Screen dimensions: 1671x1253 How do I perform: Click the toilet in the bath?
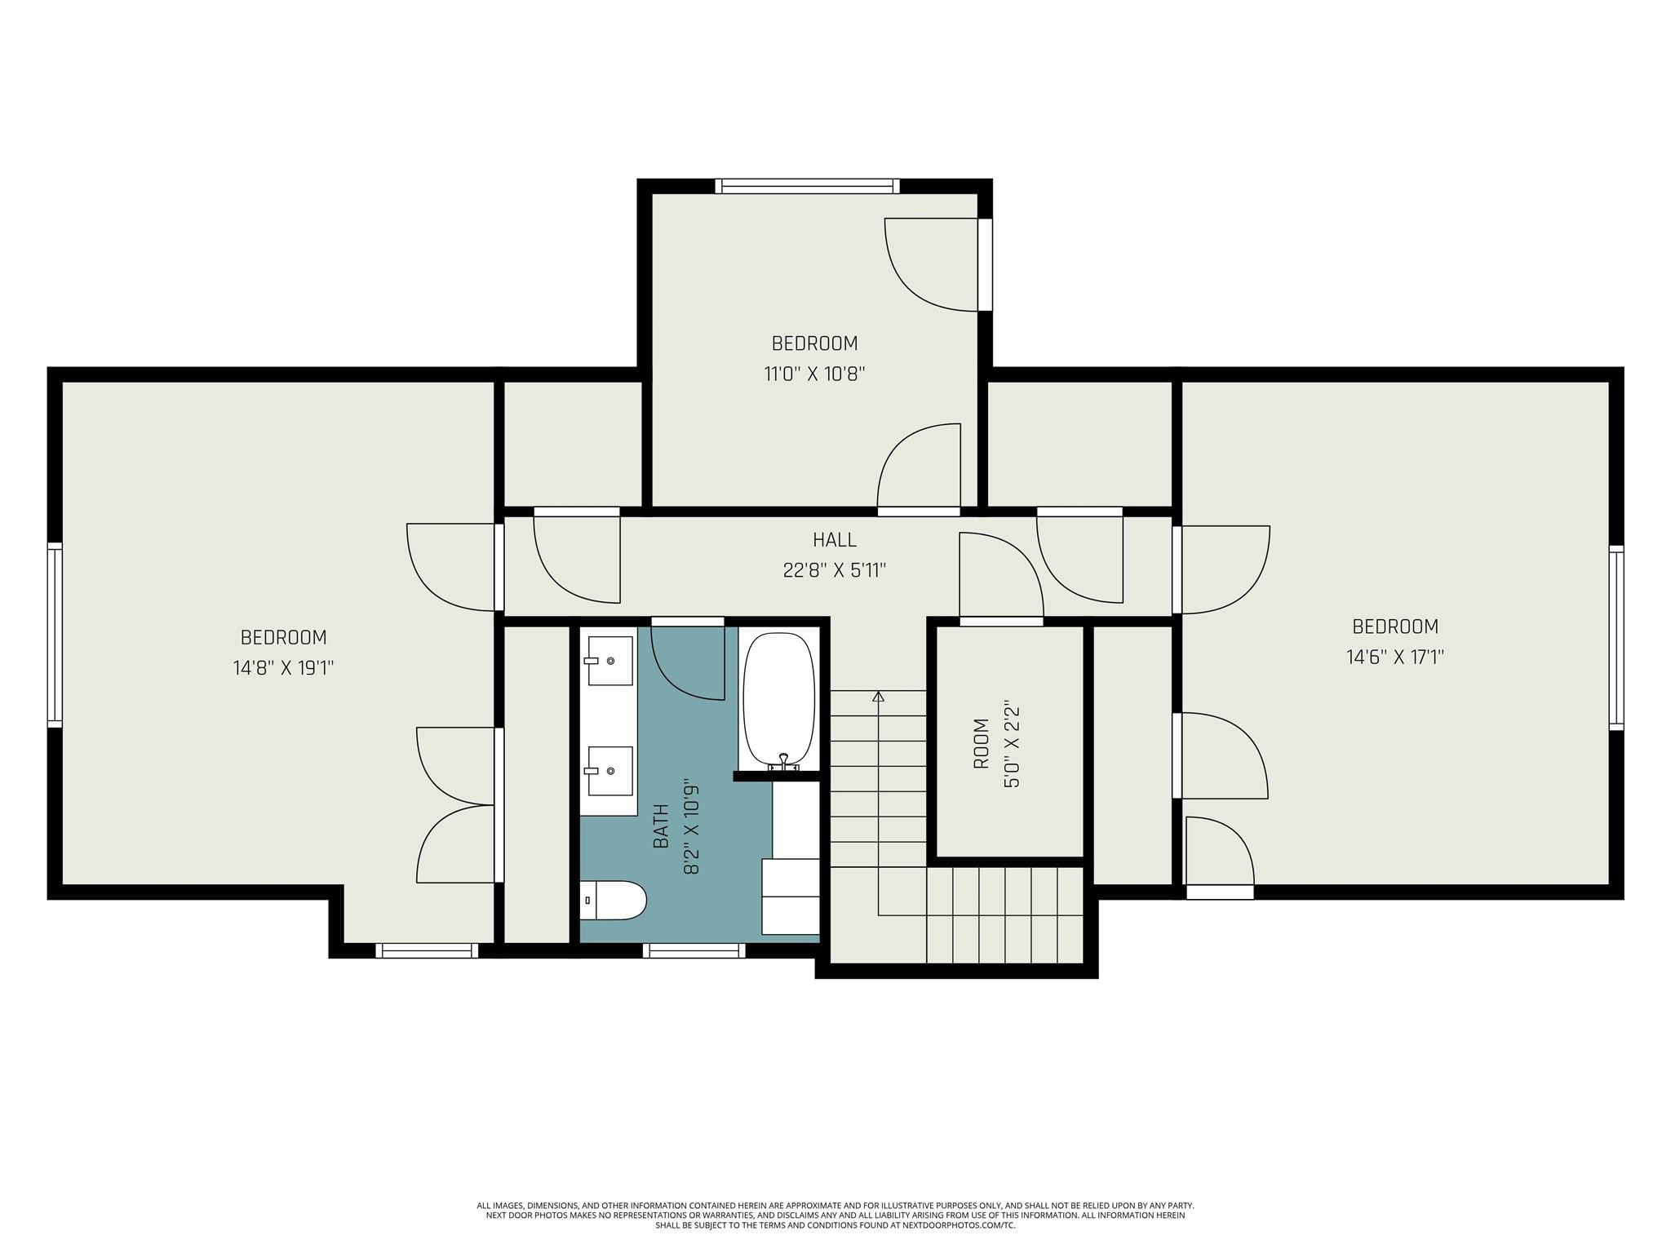[x=614, y=900]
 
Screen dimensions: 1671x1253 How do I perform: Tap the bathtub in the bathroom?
[x=779, y=701]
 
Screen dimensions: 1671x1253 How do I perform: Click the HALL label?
[x=835, y=539]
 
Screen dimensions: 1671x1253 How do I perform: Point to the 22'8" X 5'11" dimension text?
[x=835, y=570]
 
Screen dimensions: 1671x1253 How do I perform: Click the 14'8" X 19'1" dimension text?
[x=284, y=668]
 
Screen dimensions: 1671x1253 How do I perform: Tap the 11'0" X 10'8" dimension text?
[x=814, y=374]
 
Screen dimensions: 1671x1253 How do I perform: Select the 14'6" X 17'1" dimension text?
[x=1395, y=657]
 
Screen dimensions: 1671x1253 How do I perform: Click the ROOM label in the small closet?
[x=982, y=743]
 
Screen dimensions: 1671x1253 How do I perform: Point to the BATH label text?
[x=661, y=826]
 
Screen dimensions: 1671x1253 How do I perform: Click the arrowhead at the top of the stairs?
[x=878, y=697]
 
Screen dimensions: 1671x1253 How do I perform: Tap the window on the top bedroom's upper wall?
[x=808, y=186]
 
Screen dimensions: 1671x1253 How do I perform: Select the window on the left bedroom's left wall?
[x=55, y=635]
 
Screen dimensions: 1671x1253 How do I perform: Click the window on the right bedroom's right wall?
[x=1616, y=638]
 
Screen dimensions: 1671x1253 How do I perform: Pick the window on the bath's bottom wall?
[x=694, y=950]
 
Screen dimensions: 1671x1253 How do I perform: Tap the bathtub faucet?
[x=783, y=762]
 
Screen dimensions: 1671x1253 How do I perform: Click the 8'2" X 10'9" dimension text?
[x=692, y=826]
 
